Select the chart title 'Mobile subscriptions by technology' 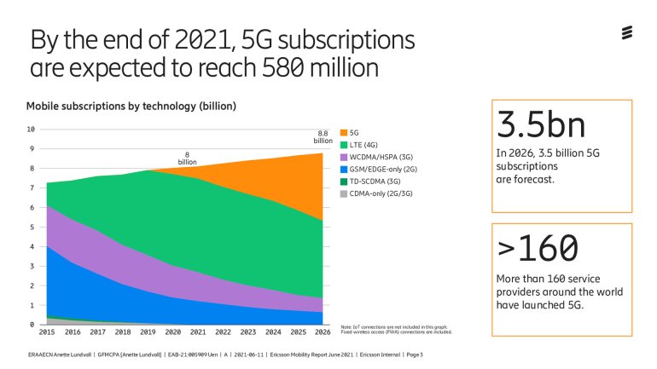point(131,107)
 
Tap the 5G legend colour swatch point(344,132)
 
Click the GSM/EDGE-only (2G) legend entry point(381,169)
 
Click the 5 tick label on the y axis point(32,228)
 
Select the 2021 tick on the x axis point(198,332)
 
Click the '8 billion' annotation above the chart point(187,159)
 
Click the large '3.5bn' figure point(541,124)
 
